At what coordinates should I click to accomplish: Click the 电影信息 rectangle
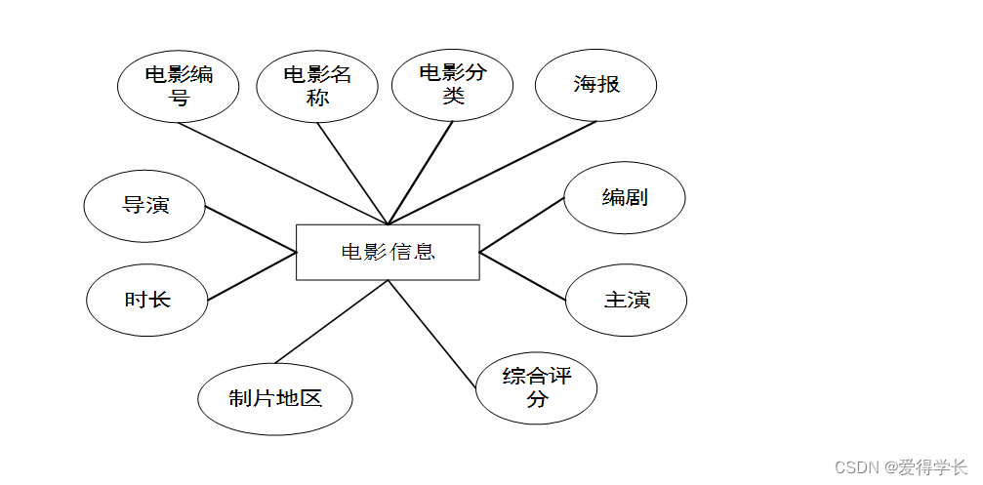click(388, 252)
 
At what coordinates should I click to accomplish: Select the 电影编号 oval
click(179, 86)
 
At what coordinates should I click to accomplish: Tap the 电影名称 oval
click(317, 86)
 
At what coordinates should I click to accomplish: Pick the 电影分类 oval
click(453, 84)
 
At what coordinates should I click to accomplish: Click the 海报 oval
click(595, 85)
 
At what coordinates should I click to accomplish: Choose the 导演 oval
click(145, 206)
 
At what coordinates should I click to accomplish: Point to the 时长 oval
click(147, 300)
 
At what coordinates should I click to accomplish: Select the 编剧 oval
click(625, 198)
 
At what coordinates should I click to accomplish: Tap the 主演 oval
click(626, 300)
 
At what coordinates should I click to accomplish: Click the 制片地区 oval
click(275, 398)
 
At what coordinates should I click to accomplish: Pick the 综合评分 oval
click(536, 387)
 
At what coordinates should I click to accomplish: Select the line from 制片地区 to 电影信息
click(332, 322)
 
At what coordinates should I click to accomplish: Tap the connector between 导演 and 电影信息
click(251, 229)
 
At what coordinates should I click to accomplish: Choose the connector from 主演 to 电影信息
click(522, 275)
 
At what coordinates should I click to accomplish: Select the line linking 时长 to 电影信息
click(252, 276)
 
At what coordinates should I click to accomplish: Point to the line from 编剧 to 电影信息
click(522, 224)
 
